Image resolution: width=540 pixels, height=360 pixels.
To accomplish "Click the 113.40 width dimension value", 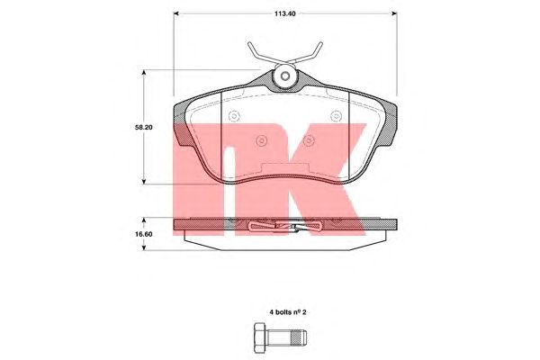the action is coord(284,13).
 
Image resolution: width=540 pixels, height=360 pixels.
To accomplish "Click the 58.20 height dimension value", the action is coord(144,127).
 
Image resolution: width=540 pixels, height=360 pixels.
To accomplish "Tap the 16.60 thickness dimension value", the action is coord(144,234).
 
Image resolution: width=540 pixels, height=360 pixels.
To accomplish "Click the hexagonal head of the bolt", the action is coord(260,338).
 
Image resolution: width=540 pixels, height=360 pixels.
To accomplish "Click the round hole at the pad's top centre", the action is coord(284,76).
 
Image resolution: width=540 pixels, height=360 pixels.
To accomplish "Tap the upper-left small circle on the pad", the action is coord(234,116).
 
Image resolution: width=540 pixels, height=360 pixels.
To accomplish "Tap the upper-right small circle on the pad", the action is coord(336,116).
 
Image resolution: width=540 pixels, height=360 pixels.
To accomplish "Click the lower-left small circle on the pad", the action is coord(261,140).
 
